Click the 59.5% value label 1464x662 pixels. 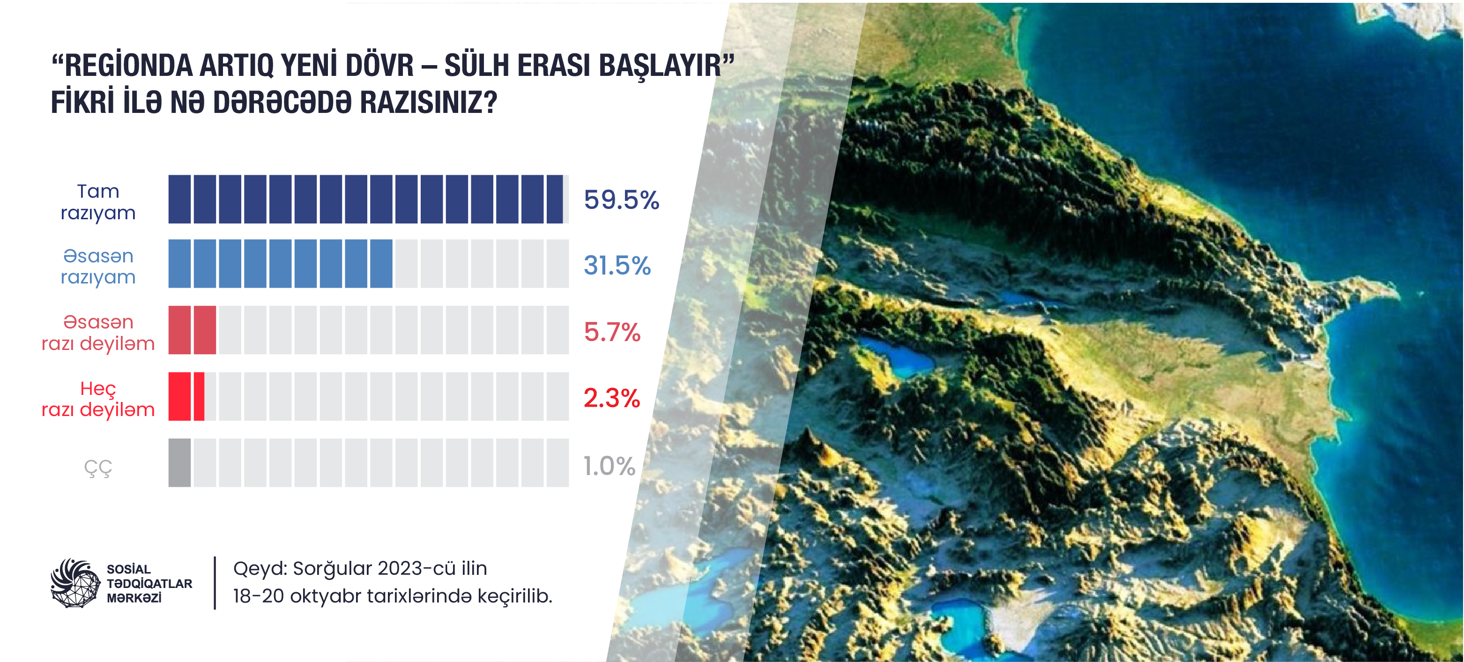(621, 200)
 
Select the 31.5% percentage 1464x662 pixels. (617, 265)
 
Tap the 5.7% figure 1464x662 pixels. (612, 332)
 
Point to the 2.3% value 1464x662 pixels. (612, 398)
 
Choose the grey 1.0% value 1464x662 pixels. (609, 466)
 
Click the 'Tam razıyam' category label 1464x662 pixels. (98, 202)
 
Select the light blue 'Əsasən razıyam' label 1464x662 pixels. (98, 266)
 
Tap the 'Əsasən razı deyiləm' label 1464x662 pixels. (98, 333)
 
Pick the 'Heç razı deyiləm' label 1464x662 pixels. (98, 399)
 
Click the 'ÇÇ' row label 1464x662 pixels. (98, 468)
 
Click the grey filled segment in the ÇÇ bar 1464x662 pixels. (179, 462)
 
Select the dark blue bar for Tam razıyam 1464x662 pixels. (365, 200)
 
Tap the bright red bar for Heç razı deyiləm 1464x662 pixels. (186, 397)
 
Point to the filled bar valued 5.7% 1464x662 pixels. (192, 330)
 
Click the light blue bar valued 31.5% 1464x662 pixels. (280, 264)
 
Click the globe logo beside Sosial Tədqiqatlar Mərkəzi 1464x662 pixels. (75, 583)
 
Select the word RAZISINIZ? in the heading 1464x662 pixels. (429, 102)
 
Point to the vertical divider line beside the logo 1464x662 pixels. (215, 583)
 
